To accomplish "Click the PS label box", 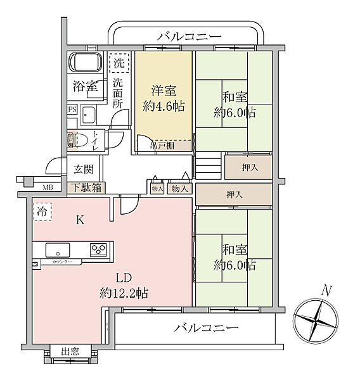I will (x=72, y=110).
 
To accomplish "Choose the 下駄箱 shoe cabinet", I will (x=86, y=187).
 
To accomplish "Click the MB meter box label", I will (x=48, y=187).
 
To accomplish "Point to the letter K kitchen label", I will (x=80, y=221).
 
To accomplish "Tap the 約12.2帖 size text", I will (x=124, y=293).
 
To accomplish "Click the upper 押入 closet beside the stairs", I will (x=248, y=167).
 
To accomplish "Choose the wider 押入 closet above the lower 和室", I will (x=234, y=194).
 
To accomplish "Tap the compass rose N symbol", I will (x=319, y=317).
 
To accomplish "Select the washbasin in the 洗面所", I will (x=89, y=117).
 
